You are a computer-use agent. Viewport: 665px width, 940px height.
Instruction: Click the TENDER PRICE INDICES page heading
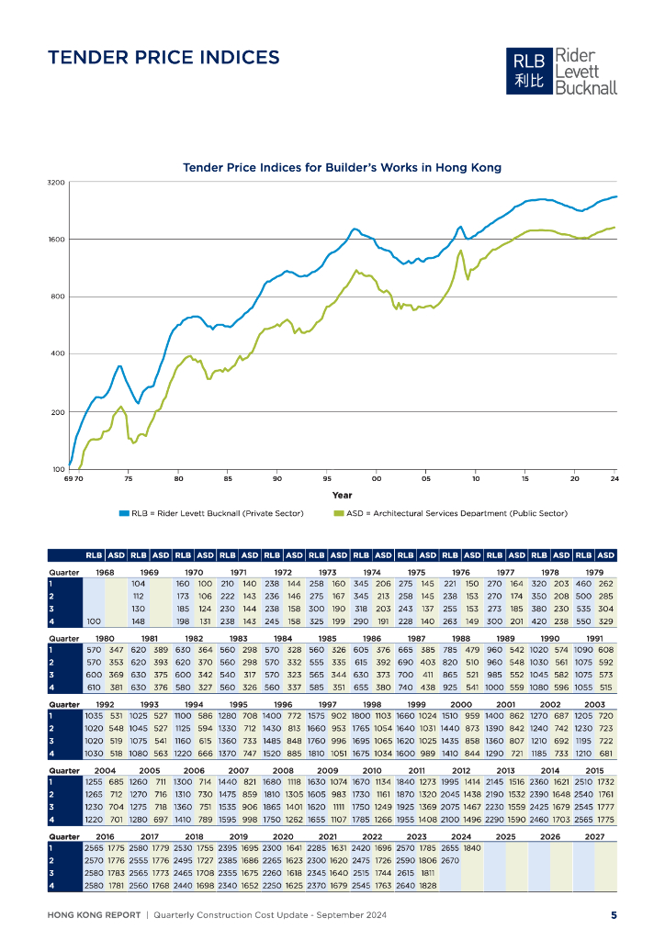tap(163, 58)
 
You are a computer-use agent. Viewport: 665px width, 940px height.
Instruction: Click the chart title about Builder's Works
tap(342, 168)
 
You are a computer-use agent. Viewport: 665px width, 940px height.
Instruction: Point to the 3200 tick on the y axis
tap(56, 184)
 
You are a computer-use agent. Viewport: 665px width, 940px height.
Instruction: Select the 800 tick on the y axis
tap(58, 297)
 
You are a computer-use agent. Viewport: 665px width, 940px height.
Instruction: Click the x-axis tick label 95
tap(326, 479)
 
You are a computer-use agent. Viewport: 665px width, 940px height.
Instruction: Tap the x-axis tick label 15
tap(524, 479)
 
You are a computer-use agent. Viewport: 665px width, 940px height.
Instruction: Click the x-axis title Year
tap(342, 494)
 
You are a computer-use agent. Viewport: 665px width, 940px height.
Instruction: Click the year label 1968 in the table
tap(105, 571)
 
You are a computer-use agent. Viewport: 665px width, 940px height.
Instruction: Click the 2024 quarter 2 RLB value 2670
tap(450, 860)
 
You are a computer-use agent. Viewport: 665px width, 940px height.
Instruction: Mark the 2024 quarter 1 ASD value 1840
tap(472, 848)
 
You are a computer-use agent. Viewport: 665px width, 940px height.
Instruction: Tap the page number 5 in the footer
tap(614, 914)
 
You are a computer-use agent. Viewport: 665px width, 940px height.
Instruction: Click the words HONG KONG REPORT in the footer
tap(93, 914)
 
